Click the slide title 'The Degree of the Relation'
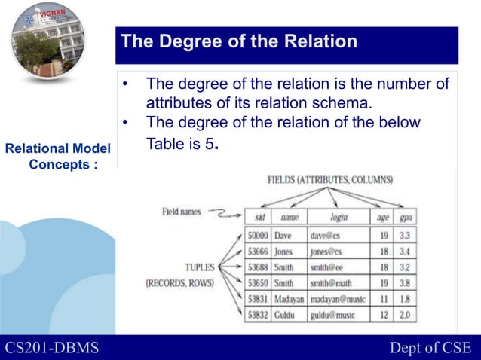click(x=239, y=42)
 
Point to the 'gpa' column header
click(x=406, y=217)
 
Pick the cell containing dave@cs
click(x=326, y=235)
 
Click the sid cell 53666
click(x=258, y=251)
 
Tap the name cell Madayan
click(x=289, y=299)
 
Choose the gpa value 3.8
click(x=406, y=283)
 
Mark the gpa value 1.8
click(x=406, y=299)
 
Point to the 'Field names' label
click(x=181, y=212)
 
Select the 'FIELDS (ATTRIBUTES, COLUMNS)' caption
click(x=329, y=181)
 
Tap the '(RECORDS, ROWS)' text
click(x=179, y=284)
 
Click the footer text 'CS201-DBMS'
click(x=51, y=347)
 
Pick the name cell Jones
click(x=283, y=251)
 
